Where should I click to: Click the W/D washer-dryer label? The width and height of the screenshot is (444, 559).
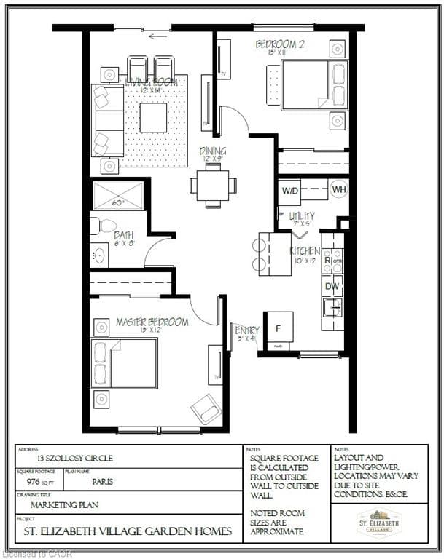[289, 191]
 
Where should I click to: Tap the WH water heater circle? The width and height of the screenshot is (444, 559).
[338, 189]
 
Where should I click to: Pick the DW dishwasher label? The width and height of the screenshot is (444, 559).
[332, 287]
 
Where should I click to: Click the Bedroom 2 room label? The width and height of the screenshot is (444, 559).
[279, 45]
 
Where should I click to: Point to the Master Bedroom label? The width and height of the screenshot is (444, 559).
[152, 322]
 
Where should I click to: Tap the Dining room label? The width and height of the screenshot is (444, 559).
[213, 152]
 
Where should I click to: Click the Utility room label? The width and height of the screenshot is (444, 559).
[301, 216]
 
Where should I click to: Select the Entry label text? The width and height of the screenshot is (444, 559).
[246, 331]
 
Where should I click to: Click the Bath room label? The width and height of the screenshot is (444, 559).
[124, 235]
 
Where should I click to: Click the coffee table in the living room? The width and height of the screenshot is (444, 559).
[153, 117]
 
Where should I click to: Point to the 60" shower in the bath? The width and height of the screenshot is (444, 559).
[118, 197]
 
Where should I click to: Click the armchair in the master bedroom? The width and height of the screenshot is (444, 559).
[206, 409]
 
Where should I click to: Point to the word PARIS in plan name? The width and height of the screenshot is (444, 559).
[102, 481]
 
